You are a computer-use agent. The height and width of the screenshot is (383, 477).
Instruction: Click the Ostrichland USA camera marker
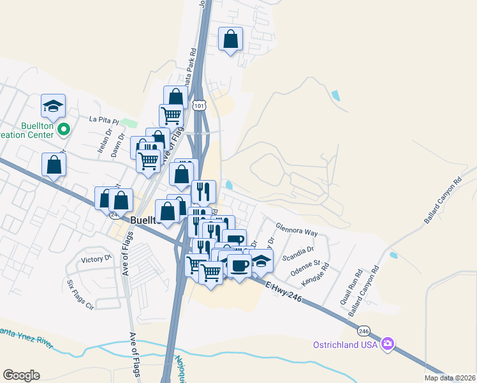click(x=387, y=345)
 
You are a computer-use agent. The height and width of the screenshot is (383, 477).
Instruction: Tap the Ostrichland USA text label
click(x=346, y=345)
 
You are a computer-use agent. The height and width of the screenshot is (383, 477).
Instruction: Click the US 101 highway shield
click(x=200, y=103)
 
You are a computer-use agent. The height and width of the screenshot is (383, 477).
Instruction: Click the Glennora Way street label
click(x=296, y=229)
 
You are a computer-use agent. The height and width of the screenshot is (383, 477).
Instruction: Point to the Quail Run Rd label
click(x=349, y=282)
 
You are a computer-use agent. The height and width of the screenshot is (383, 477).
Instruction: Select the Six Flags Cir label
click(x=80, y=294)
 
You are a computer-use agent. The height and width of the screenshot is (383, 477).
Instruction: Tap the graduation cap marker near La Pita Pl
click(x=54, y=106)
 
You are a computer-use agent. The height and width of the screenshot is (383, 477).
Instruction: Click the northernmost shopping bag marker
click(x=231, y=39)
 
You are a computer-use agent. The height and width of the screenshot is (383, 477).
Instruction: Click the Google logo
click(x=22, y=375)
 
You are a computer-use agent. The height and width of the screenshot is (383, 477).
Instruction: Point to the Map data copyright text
click(x=449, y=378)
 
